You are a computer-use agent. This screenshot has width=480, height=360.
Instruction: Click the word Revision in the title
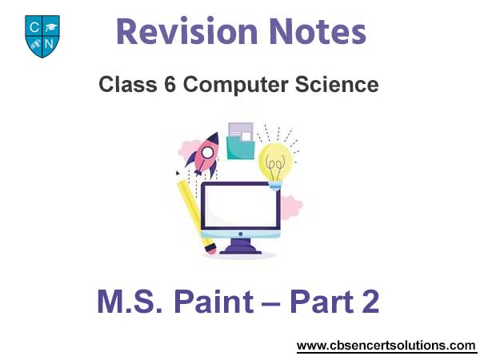click(186, 31)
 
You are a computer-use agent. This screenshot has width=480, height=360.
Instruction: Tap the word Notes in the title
click(318, 31)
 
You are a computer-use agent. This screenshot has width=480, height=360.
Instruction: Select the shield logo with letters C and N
click(42, 36)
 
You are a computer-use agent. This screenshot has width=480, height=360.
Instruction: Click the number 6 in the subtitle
click(170, 85)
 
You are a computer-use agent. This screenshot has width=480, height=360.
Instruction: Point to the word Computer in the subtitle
click(235, 85)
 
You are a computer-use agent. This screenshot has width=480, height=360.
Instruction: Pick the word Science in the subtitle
click(337, 85)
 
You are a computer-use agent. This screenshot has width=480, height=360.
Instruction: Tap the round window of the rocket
click(207, 153)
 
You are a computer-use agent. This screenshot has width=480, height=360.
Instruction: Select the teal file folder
click(241, 148)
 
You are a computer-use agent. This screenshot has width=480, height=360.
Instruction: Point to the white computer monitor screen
click(241, 206)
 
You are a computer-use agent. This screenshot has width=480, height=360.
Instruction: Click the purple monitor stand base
click(241, 249)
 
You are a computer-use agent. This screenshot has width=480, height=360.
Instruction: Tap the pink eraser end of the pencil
click(211, 250)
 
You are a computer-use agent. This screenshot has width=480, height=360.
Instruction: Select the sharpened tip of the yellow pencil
click(178, 173)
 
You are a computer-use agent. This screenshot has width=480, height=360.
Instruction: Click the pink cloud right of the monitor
click(291, 207)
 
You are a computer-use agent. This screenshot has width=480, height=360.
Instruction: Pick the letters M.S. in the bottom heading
click(130, 302)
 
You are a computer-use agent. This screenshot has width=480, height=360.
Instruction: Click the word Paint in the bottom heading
click(214, 302)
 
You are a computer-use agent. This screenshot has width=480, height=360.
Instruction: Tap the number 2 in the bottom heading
click(370, 302)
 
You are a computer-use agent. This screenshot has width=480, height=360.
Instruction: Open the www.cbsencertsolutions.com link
click(386, 346)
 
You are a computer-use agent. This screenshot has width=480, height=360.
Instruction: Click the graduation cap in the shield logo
click(50, 27)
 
